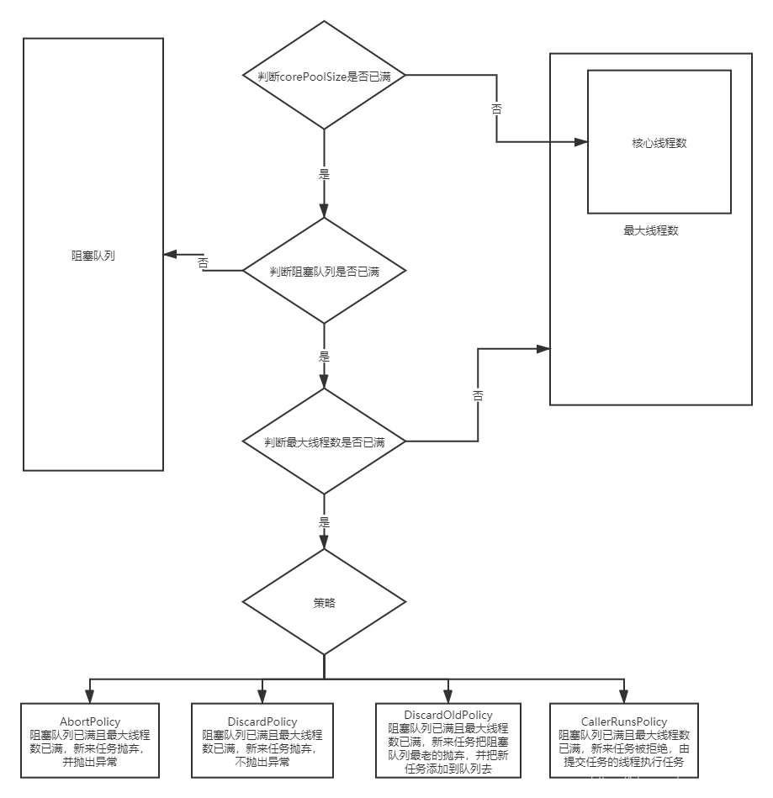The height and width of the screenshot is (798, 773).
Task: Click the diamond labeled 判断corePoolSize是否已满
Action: point(324,76)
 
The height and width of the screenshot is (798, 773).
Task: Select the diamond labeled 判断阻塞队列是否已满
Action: point(324,272)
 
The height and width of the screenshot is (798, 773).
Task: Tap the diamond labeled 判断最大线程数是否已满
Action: point(324,441)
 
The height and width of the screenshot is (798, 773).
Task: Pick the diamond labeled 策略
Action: point(324,603)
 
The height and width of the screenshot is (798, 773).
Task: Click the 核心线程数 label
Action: point(659,143)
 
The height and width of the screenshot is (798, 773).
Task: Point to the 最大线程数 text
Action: point(650,230)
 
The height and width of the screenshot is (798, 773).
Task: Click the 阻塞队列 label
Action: point(93,255)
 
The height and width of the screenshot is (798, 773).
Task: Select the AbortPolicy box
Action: point(90,741)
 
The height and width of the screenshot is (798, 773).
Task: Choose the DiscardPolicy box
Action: point(262,741)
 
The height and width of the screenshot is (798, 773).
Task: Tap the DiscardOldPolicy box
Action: point(448,741)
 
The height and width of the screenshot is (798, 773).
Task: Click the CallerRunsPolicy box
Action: point(623,741)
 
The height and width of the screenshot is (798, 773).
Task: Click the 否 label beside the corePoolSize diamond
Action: point(496,108)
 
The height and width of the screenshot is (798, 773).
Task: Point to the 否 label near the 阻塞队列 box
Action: point(203,263)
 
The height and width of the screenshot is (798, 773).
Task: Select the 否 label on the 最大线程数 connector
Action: point(477,395)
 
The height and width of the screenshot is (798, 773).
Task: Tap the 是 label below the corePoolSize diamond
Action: point(325,174)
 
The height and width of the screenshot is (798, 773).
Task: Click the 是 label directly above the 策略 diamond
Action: point(325,521)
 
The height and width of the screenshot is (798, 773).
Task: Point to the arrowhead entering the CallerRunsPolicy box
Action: point(623,696)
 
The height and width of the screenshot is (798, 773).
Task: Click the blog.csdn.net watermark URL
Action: point(681,782)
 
